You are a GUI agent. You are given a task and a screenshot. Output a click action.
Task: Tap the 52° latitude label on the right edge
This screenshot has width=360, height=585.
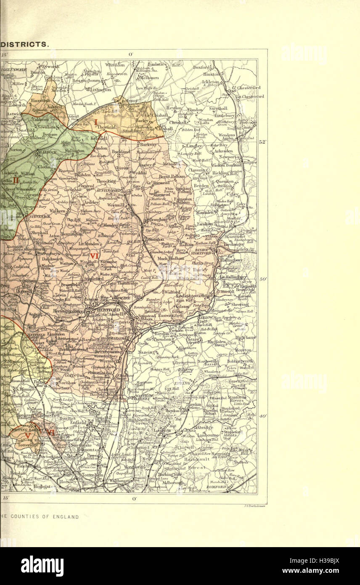click(x=262, y=142)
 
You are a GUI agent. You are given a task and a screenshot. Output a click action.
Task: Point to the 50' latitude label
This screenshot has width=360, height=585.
click(x=262, y=279)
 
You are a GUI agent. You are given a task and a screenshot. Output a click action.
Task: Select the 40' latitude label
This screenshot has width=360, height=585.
click(x=262, y=416)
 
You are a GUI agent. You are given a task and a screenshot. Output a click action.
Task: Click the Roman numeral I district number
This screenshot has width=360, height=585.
click(x=95, y=122)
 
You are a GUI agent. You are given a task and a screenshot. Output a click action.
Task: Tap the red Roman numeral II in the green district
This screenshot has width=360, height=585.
click(x=16, y=181)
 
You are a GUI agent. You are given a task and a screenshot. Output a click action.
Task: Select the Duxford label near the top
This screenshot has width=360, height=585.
click(x=201, y=67)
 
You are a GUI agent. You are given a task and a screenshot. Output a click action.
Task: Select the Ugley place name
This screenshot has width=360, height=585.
click(x=233, y=194)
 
